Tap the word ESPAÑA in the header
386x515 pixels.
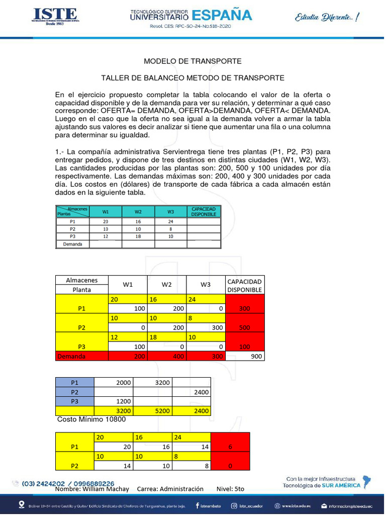tap(222, 15)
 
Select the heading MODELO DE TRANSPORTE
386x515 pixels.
tap(192, 61)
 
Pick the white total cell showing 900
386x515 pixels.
tap(244, 357)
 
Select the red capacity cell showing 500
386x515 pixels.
tap(244, 327)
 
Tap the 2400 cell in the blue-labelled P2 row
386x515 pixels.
tap(191, 392)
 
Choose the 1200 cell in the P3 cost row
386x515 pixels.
tap(114, 401)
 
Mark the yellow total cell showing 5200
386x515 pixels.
tap(152, 411)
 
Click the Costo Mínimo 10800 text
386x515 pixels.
tap(91, 419)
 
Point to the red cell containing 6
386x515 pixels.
tap(230, 447)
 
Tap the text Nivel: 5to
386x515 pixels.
tap(230, 489)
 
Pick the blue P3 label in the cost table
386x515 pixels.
tap(74, 401)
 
